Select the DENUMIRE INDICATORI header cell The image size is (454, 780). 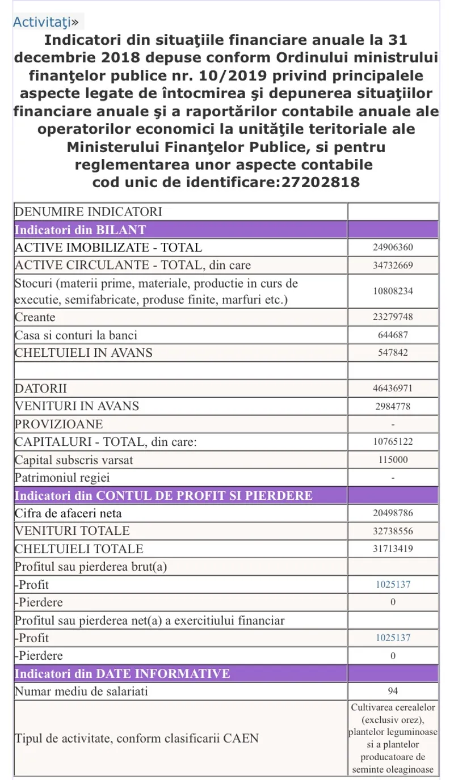[x=89, y=212]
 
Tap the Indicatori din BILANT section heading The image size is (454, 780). [x=80, y=230]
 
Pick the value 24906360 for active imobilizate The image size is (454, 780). [x=393, y=248]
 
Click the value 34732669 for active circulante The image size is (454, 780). [x=393, y=265]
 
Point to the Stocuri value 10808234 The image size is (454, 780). [x=393, y=291]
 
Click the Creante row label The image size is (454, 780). [x=35, y=317]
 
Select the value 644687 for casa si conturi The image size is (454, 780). [x=393, y=335]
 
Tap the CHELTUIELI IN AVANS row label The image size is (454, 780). [x=83, y=353]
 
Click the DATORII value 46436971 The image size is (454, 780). [x=393, y=389]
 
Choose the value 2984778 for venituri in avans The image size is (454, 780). [x=393, y=406]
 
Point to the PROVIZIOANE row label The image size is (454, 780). [x=51, y=424]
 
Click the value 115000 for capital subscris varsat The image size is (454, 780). [x=393, y=460]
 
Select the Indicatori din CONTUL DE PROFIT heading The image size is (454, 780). [x=163, y=496]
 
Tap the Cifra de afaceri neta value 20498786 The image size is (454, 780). [x=393, y=513]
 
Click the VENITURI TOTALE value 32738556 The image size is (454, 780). [x=393, y=531]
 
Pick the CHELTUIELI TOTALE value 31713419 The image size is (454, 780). [x=393, y=549]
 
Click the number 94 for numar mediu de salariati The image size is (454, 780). [x=393, y=692]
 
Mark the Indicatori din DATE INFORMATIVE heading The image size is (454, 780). [x=122, y=674]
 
